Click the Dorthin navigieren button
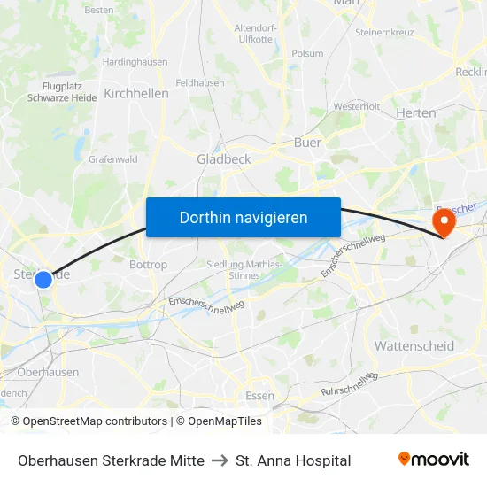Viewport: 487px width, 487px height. [x=243, y=217]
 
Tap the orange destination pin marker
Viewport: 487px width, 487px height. [x=442, y=221]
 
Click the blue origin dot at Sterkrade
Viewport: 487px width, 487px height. [x=43, y=280]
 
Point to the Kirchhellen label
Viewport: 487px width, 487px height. [x=136, y=93]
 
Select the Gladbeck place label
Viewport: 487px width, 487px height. [x=224, y=159]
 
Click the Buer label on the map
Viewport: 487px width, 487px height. [x=307, y=142]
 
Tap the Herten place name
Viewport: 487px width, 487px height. [x=415, y=112]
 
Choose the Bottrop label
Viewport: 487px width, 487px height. [x=148, y=265]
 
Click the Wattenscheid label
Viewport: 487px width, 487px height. [x=414, y=345]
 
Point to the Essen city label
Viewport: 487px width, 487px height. [x=259, y=395]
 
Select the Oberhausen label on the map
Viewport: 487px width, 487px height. [x=48, y=373]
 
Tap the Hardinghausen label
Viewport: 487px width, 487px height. [x=135, y=62]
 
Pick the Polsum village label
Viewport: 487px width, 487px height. [x=307, y=53]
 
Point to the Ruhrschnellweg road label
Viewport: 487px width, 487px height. [x=350, y=383]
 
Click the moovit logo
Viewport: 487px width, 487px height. [x=433, y=460]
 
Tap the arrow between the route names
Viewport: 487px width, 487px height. [x=220, y=460]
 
